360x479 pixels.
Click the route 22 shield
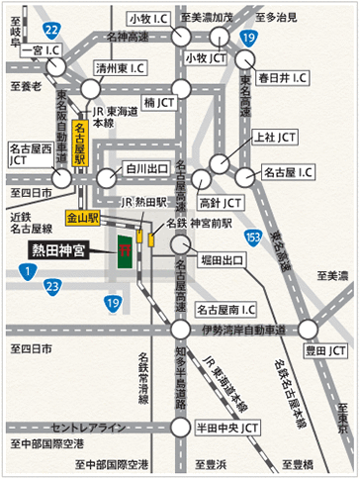coord(52,31)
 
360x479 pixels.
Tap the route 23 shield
coord(52,287)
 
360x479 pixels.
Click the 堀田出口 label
coord(222,260)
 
